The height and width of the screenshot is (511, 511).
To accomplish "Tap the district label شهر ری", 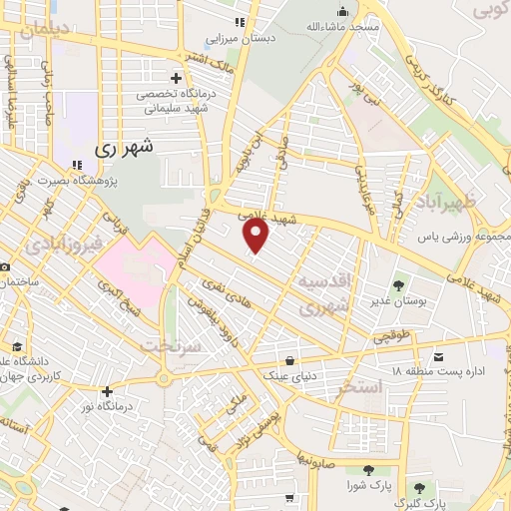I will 129,148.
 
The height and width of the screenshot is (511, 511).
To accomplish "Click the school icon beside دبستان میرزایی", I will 238,22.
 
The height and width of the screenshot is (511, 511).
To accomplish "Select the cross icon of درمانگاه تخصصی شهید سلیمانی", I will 176,78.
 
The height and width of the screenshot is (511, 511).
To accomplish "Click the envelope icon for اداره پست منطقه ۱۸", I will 439,355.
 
